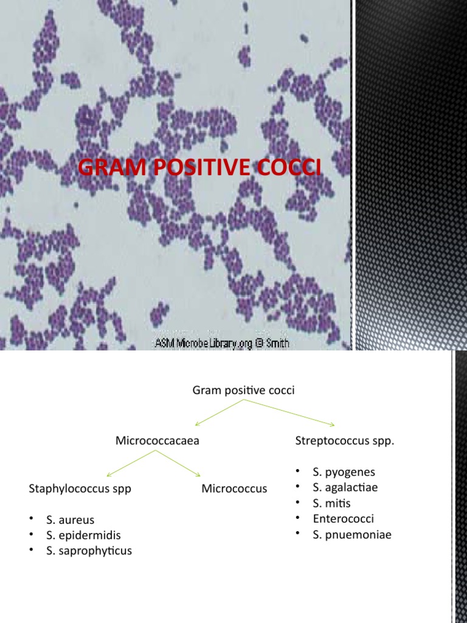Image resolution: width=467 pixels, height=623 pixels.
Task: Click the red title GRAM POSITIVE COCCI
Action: coord(200,168)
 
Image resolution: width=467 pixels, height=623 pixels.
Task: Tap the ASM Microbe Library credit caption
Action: coord(222,343)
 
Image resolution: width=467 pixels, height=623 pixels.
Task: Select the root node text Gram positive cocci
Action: coord(243,391)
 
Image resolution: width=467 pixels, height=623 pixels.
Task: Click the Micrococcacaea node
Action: coord(157,440)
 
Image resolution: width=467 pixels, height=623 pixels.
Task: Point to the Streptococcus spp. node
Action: coord(345,440)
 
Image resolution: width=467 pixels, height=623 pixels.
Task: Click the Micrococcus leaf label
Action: coord(234,489)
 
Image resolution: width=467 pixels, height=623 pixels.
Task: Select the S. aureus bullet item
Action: coord(70,520)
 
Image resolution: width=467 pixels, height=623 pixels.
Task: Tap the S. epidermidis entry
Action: coord(83,535)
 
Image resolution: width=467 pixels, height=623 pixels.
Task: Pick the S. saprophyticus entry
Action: coord(89,551)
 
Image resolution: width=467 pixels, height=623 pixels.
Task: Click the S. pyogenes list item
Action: coord(344,472)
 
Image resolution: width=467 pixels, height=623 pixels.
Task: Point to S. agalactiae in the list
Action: coord(345,487)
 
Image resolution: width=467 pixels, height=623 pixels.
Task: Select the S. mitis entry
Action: coord(331,503)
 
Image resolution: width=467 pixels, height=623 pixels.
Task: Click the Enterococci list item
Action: coord(344,519)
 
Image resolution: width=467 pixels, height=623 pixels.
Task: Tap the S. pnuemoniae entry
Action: coord(352,535)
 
